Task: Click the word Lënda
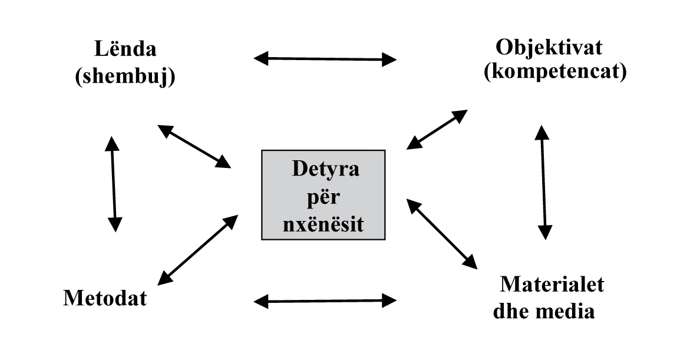coord(126,49)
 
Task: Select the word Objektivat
coord(549,47)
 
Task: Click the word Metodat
coord(105,298)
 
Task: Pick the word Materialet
coord(552,284)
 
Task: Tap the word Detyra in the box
coord(325,170)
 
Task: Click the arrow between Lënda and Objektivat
coord(325,58)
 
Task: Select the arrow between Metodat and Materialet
coord(325,301)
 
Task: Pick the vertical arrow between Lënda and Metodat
coord(114,184)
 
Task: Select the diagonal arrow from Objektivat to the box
coord(437,129)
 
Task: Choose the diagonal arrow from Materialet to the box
coord(442,233)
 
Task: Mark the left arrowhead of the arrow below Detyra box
coord(260,301)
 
